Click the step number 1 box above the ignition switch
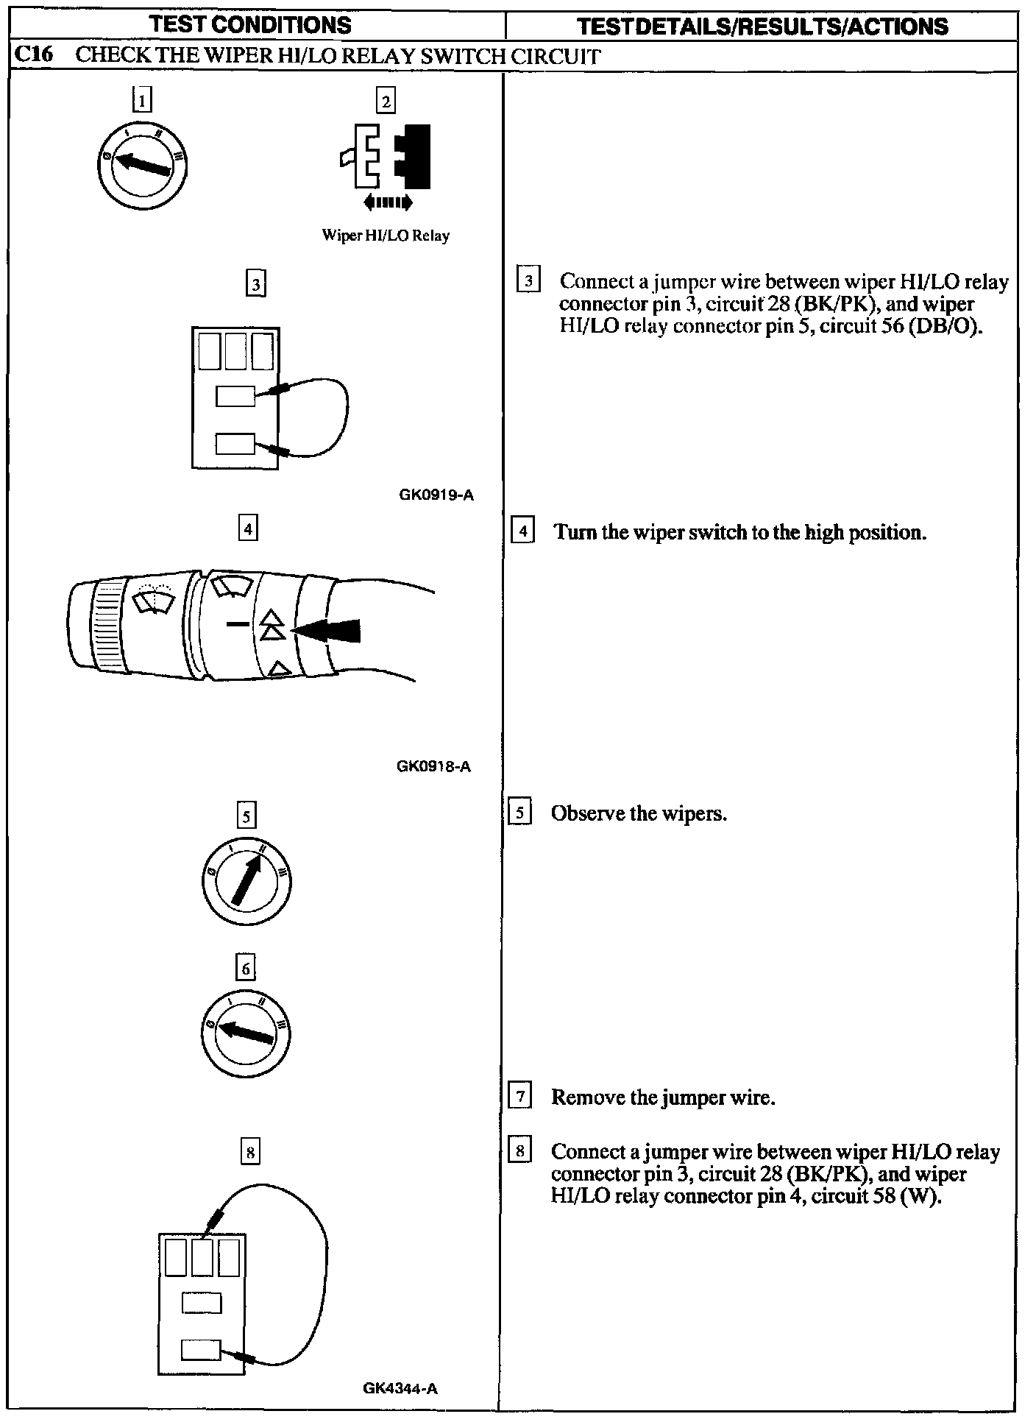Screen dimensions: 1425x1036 (142, 99)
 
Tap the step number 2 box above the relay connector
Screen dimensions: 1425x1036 (386, 100)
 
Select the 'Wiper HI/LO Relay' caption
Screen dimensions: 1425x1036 (386, 236)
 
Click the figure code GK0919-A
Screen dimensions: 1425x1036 (436, 495)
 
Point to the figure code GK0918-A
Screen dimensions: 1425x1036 (433, 766)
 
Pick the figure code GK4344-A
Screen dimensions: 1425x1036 (400, 1389)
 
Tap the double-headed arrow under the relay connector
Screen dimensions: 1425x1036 (388, 202)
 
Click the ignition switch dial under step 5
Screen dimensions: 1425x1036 (246, 881)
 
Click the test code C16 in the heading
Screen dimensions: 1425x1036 (33, 56)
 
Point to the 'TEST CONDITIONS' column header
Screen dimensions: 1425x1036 (250, 25)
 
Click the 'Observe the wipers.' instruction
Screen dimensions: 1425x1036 (639, 813)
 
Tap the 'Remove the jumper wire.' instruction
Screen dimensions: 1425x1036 (663, 1097)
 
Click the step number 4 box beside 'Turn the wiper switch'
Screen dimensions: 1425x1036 (522, 531)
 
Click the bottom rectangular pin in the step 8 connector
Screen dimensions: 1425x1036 (200, 1350)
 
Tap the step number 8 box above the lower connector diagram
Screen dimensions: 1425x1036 (251, 1152)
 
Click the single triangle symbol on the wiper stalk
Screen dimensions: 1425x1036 (278, 668)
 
